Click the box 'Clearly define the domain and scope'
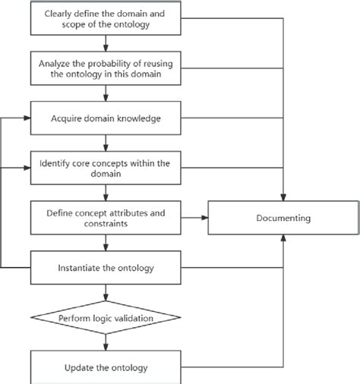[107, 18]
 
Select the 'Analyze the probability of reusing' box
[107, 68]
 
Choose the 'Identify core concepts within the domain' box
[107, 168]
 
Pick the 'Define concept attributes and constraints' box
[107, 218]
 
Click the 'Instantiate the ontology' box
[107, 267]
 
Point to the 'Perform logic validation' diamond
[107, 316]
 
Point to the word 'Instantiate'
[78, 268]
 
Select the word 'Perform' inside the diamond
[77, 316]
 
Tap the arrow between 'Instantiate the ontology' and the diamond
[107, 291]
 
